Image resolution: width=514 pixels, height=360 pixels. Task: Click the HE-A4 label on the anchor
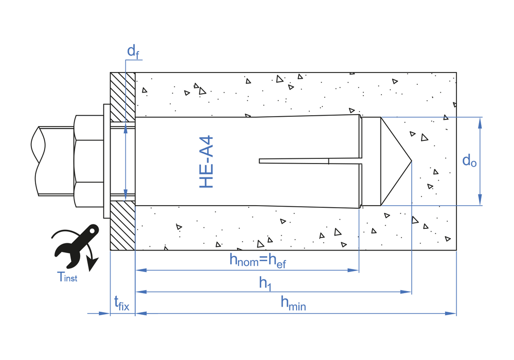point(207,162)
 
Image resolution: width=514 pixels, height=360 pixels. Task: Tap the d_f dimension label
point(134,51)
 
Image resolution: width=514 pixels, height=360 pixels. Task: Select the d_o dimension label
point(469,160)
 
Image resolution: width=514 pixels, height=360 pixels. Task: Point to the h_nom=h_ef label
point(258,261)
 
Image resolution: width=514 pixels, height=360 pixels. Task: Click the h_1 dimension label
point(265,283)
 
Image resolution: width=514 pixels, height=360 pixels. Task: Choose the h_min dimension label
point(293,303)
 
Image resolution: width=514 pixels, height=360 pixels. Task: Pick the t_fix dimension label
point(122,303)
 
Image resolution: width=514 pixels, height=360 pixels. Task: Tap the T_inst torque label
point(67,277)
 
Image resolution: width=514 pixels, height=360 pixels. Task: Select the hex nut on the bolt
point(89,161)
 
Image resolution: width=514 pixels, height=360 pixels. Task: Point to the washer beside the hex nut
point(107,161)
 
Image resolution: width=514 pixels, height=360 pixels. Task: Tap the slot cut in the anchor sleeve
point(310,161)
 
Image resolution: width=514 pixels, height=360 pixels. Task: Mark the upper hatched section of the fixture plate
point(123,97)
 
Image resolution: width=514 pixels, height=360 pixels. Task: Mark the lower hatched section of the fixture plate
point(123,225)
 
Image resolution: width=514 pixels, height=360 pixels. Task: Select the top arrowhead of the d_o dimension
point(480,123)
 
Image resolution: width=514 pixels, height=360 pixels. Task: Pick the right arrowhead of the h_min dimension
point(451,313)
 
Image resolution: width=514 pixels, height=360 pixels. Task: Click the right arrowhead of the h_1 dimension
point(406,292)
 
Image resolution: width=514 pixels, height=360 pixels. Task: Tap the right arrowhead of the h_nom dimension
point(354,270)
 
